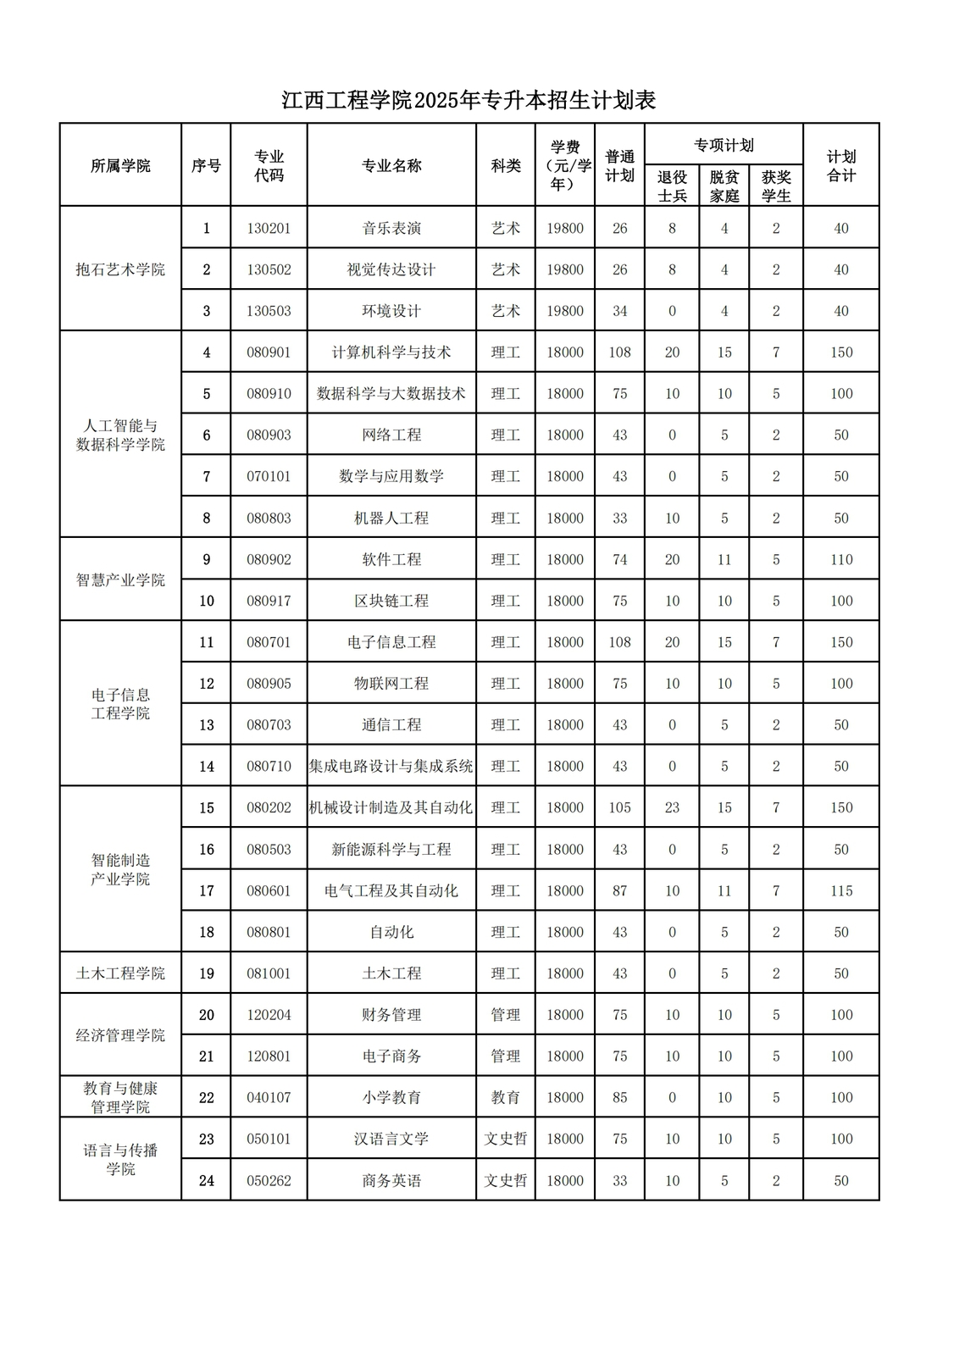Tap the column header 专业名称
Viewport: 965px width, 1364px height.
point(391,166)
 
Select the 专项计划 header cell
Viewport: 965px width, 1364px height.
point(724,146)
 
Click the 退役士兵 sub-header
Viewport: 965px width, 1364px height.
point(672,186)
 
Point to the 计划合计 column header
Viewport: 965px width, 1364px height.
point(840,166)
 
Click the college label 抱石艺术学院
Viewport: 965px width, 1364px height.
point(120,269)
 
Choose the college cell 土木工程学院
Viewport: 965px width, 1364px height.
point(120,973)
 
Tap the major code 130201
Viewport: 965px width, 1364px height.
point(269,229)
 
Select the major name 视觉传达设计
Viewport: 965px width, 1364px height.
point(391,269)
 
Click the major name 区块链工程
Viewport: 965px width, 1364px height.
point(391,601)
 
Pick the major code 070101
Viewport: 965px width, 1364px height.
point(269,476)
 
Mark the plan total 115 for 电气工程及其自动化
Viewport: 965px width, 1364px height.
point(840,890)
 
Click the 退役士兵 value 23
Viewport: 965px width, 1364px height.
point(672,807)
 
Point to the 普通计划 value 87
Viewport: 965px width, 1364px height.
point(619,890)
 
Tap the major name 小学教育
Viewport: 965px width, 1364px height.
point(391,1097)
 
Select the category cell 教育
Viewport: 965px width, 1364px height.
point(506,1097)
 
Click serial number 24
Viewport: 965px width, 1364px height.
point(206,1180)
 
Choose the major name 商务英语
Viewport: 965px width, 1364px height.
point(391,1180)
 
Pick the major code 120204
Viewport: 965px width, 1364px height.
point(269,1015)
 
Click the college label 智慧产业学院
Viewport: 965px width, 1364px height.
point(120,580)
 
